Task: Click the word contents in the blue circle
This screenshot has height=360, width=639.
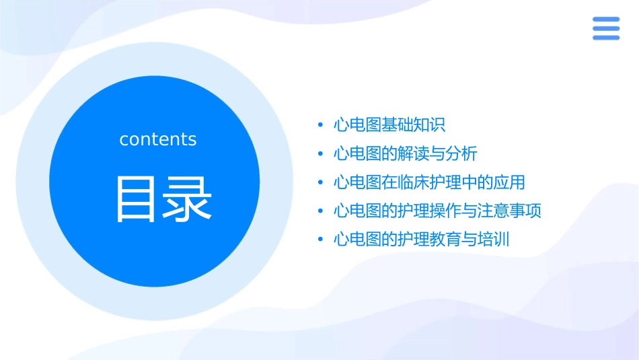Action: tap(158, 139)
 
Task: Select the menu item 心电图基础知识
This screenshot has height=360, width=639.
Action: tap(389, 125)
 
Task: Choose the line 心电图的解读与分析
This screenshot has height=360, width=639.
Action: tap(405, 153)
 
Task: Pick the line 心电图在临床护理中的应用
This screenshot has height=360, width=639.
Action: tap(429, 182)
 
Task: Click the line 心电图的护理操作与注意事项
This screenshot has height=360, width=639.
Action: tap(437, 211)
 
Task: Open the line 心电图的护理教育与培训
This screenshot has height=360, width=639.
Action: tap(421, 239)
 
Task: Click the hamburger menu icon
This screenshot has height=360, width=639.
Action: tap(605, 28)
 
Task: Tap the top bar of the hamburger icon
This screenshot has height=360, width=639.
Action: tap(605, 20)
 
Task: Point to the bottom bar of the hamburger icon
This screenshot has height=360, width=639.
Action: tap(605, 37)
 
